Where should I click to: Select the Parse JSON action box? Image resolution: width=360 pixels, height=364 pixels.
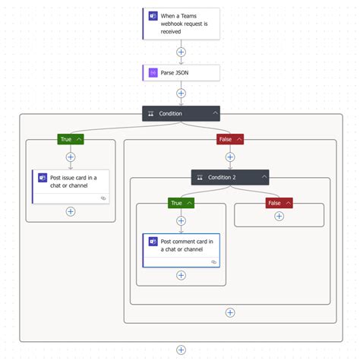[181, 73]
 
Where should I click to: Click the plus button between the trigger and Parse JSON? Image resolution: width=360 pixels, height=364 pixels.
[181, 52]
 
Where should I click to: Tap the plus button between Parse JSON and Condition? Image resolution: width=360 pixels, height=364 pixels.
[181, 93]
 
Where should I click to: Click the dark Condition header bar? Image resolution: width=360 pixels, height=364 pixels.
[175, 113]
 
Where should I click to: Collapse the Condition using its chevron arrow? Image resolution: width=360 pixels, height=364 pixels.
[216, 113]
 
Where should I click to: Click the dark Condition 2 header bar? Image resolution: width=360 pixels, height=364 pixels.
[224, 177]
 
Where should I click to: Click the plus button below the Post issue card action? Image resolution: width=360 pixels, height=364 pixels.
[71, 211]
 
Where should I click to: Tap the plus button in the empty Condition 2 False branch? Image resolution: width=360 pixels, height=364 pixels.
[279, 217]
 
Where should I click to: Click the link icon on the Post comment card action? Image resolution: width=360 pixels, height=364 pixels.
[214, 261]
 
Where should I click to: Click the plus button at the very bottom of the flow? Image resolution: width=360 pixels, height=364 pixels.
[181, 350]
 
